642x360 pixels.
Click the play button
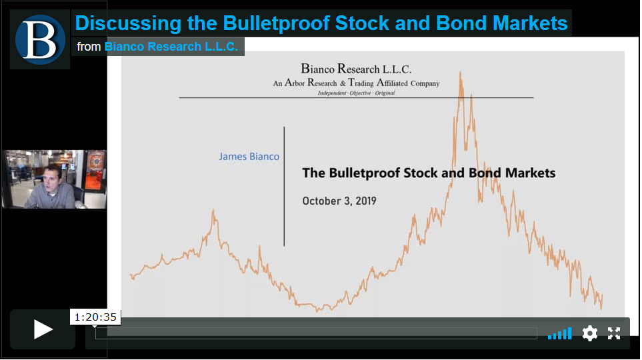click(x=43, y=329)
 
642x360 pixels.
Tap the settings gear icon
click(x=589, y=333)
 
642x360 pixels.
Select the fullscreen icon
click(x=614, y=333)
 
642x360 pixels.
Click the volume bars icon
click(x=560, y=333)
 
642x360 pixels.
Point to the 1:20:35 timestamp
click(x=95, y=317)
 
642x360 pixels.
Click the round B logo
click(x=40, y=39)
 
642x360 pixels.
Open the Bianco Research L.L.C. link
click(x=171, y=47)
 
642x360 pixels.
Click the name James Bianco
click(x=249, y=157)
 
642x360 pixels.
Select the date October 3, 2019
click(x=339, y=201)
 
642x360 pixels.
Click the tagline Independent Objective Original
click(x=356, y=93)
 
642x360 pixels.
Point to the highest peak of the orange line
click(x=460, y=73)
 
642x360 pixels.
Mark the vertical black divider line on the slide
click(x=284, y=187)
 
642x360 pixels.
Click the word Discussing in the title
click(x=128, y=23)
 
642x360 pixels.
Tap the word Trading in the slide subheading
click(x=361, y=83)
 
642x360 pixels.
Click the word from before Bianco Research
click(x=89, y=47)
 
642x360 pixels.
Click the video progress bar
click(x=316, y=333)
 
